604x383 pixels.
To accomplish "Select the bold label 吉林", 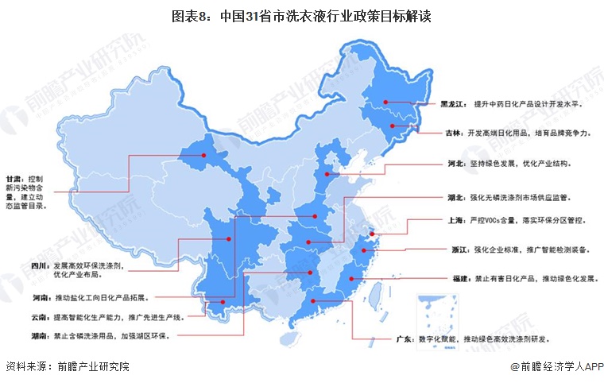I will (x=453, y=133).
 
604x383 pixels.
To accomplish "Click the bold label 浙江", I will (x=459, y=250).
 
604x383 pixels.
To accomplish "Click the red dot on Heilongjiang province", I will (x=385, y=101).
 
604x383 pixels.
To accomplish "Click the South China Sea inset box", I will (x=439, y=314).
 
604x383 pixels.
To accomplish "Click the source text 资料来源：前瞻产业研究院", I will (x=67, y=367).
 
